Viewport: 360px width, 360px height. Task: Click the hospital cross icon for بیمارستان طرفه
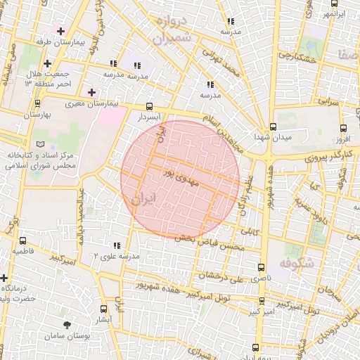point(61,31)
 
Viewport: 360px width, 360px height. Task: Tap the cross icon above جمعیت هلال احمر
point(46,64)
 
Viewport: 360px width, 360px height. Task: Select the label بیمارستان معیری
point(94,103)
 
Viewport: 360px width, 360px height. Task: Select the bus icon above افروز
point(342,129)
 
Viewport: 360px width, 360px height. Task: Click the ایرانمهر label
point(335,13)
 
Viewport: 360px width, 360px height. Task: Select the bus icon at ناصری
point(262,268)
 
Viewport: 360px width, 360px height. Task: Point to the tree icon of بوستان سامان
point(67,325)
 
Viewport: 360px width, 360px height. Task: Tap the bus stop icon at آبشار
point(104,309)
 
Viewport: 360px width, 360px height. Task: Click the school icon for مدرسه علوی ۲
point(116,245)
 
